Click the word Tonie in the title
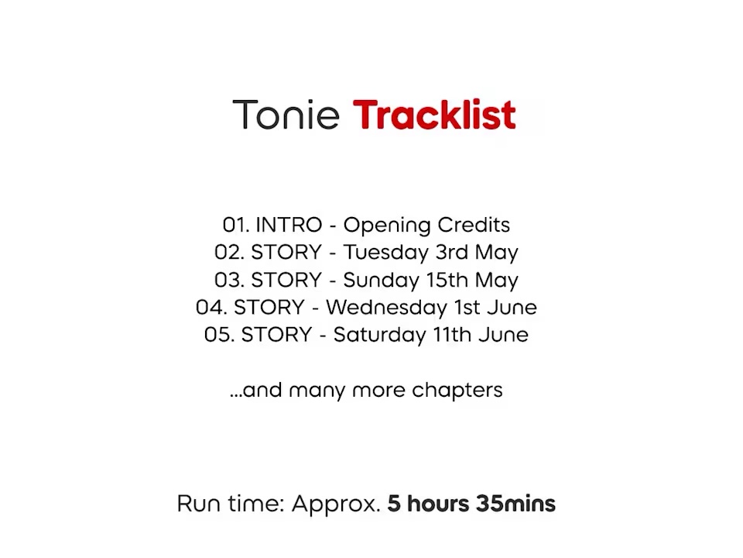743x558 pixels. click(286, 115)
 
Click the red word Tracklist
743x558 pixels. click(434, 115)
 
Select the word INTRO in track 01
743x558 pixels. click(289, 225)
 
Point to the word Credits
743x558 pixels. click(474, 225)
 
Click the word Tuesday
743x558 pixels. click(385, 253)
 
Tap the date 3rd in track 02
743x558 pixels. click(452, 252)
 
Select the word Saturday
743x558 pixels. click(379, 335)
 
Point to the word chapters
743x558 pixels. click(457, 391)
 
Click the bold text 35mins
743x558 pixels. click(516, 504)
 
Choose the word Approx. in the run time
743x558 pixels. click(336, 505)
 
